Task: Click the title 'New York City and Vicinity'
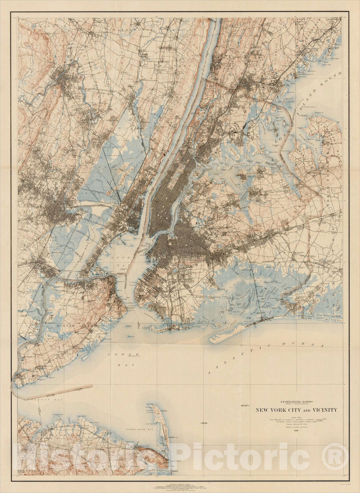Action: pyautogui.click(x=295, y=410)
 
